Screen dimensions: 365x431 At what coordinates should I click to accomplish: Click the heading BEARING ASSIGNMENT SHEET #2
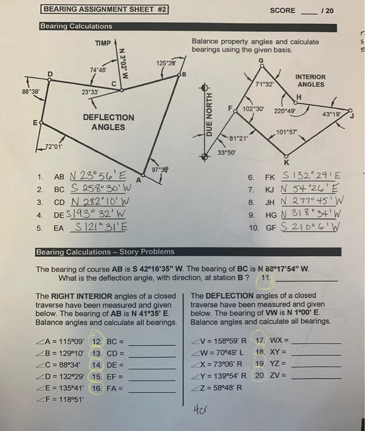point(105,10)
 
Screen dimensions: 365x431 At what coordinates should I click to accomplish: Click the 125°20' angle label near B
point(166,63)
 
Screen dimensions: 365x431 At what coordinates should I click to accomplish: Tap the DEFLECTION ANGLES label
point(108,122)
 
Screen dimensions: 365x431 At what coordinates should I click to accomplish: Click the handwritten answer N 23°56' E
point(98,174)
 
